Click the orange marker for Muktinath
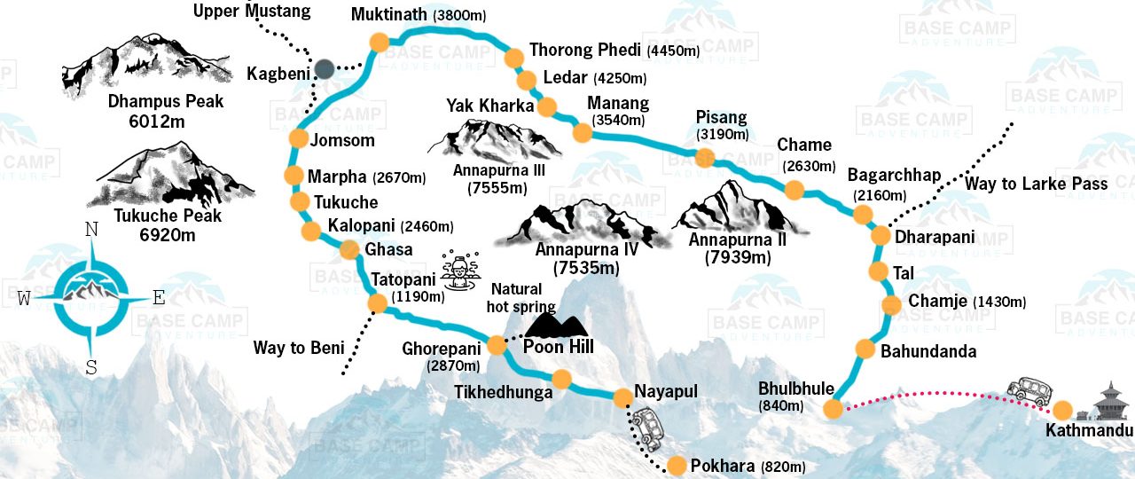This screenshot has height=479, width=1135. [380, 42]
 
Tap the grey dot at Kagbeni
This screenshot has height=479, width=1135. [325, 68]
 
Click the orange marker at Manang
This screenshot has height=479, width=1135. [582, 133]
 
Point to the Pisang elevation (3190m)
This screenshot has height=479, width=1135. [723, 135]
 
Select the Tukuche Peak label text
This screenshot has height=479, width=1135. [167, 216]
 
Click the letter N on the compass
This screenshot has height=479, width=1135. [90, 230]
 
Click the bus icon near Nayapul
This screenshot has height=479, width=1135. [648, 427]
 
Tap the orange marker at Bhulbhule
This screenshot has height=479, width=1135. [833, 408]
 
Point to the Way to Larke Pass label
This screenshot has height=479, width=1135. [1037, 184]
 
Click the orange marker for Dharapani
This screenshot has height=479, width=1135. [881, 236]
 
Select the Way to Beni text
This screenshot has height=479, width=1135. [298, 347]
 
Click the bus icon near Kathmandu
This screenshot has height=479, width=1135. [1029, 390]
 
